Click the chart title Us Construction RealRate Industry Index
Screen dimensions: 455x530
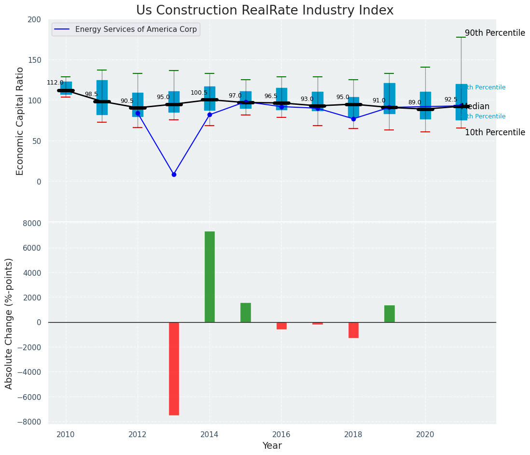265,11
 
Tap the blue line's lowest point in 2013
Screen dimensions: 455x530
174,174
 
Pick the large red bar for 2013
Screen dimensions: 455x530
174,369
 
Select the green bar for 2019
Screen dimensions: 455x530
390,314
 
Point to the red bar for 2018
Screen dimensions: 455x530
353,330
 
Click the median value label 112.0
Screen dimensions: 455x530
55,83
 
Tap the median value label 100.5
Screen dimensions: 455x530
199,93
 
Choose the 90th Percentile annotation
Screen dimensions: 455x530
495,33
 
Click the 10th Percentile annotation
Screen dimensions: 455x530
495,132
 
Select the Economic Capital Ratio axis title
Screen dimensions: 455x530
20,121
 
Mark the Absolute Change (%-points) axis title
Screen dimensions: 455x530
9,323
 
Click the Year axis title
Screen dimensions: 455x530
272,446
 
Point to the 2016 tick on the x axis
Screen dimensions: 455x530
281,435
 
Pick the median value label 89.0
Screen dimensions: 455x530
415,102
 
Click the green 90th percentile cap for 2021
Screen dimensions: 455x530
461,37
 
